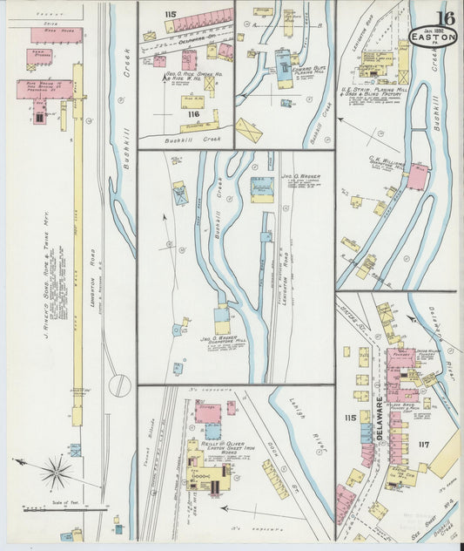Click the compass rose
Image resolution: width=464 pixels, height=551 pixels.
(x=56, y=473)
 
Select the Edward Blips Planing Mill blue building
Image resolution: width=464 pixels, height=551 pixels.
(x=283, y=63)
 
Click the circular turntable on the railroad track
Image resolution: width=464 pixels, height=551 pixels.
(x=119, y=384)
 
